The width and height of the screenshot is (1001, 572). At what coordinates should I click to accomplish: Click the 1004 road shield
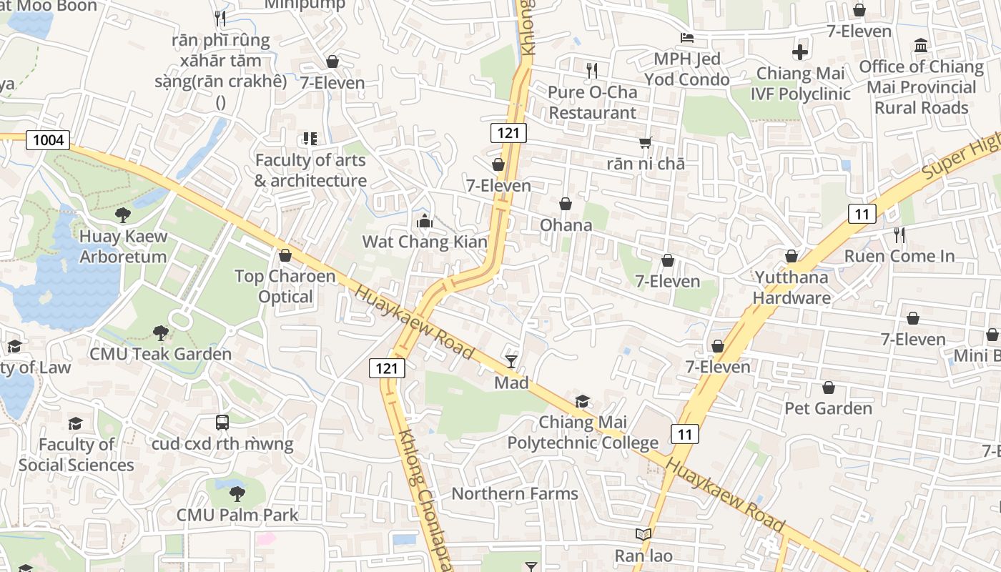coord(49,139)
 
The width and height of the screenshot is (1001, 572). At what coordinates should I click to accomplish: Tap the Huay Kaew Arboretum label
coord(123,247)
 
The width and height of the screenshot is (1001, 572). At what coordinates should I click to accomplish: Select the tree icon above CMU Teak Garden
coord(161,332)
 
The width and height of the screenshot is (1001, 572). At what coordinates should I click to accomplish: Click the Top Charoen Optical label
coord(285,286)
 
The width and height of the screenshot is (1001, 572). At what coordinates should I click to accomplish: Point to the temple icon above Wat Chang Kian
coord(425,221)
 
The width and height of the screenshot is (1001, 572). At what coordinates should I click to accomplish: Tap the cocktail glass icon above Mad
coord(511,361)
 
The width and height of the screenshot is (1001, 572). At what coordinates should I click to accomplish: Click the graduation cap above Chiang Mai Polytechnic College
coord(583,401)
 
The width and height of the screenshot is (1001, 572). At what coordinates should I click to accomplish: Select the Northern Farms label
coord(515,493)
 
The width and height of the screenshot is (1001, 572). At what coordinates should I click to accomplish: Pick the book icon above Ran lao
coord(643,534)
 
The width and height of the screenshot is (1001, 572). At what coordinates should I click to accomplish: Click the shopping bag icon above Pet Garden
coord(829,388)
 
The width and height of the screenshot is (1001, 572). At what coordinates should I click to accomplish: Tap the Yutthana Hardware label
coord(792,287)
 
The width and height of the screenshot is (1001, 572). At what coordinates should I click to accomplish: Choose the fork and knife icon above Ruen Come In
coord(899,235)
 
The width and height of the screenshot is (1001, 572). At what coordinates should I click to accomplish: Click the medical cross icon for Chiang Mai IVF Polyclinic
coord(800,52)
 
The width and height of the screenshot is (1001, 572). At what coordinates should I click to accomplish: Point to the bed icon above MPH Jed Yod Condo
coord(687,38)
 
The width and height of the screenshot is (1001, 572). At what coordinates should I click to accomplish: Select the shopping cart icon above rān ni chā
coord(646,142)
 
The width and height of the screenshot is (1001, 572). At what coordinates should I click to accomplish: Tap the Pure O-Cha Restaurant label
coord(592,102)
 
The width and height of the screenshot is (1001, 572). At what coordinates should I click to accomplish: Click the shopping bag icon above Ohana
coord(566,204)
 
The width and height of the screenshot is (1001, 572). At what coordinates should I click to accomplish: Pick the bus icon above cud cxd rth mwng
coord(222,423)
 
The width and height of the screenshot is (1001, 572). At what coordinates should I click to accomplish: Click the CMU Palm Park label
coord(237,514)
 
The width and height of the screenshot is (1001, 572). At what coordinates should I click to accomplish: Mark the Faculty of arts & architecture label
coord(311,170)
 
